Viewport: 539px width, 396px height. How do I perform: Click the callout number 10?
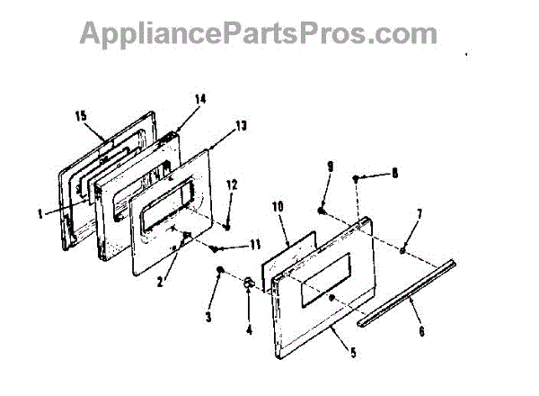click(277, 206)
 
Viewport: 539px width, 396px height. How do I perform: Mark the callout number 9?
click(330, 166)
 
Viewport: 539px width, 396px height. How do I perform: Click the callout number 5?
click(353, 352)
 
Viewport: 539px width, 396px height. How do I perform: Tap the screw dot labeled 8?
click(357, 179)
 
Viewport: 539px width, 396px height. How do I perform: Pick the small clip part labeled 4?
click(249, 283)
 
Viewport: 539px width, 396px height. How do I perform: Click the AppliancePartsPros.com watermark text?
click(259, 33)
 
